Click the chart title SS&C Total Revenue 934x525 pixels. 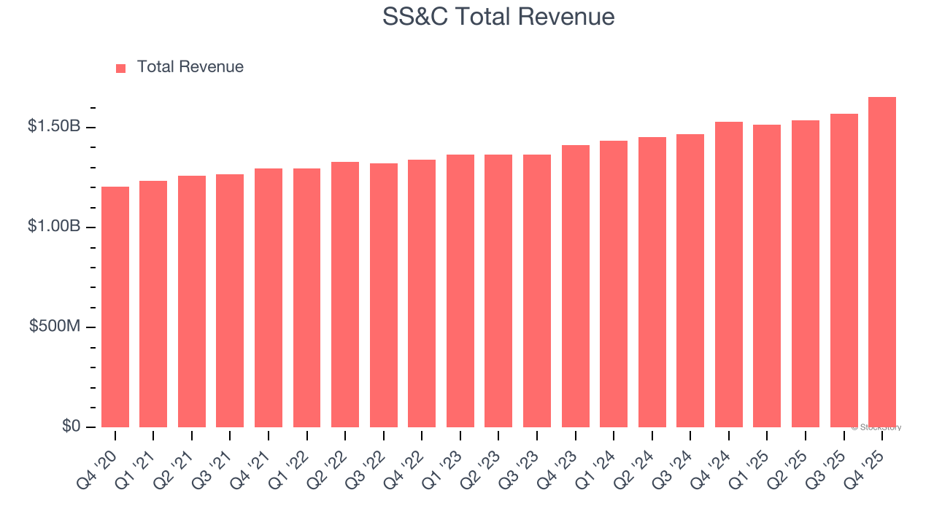(498, 16)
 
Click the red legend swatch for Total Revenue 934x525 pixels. (121, 68)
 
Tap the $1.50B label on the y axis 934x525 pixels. (54, 126)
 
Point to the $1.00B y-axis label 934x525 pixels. (54, 226)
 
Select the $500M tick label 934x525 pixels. (55, 326)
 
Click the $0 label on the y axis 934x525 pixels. (70, 426)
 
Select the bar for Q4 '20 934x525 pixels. (115, 307)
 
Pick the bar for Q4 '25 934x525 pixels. (882, 262)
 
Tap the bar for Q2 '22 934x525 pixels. (345, 295)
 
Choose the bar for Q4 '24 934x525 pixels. (729, 275)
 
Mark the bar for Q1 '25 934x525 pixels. (767, 276)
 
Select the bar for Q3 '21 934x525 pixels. (230, 301)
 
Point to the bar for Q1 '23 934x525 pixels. (460, 291)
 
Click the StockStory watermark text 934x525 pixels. (876, 427)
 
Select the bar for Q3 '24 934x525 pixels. (690, 281)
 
